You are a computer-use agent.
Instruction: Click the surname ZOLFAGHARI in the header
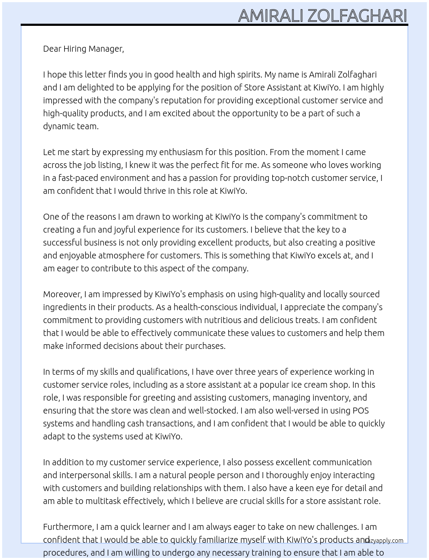357,16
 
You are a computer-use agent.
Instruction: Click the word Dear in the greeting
52,49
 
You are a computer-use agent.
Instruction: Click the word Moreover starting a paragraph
62,294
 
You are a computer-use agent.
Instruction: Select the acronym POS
361,411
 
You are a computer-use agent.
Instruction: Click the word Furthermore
68,527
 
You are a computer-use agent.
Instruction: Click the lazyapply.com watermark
384,541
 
